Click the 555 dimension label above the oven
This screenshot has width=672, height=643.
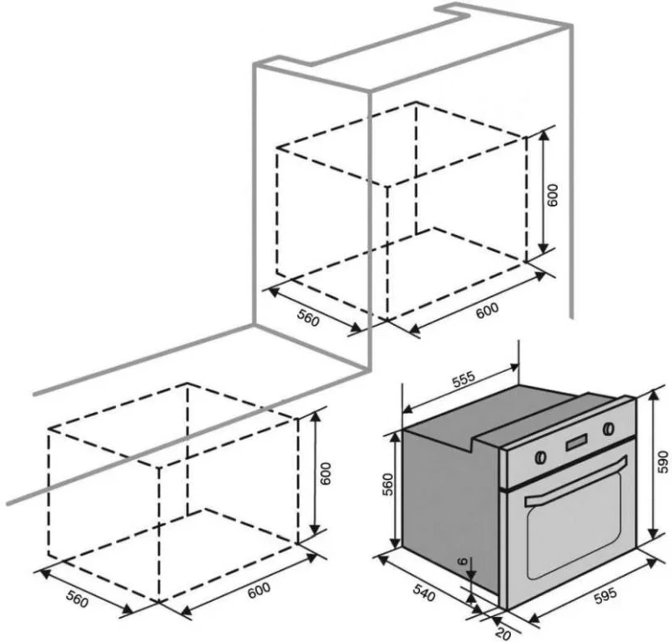(x=464, y=379)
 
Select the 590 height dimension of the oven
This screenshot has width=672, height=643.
(x=663, y=462)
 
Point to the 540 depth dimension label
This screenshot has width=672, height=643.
(x=424, y=593)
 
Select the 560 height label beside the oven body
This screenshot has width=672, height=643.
(x=387, y=484)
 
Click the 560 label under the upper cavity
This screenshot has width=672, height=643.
(x=308, y=318)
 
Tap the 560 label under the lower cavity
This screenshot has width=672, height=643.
(x=77, y=599)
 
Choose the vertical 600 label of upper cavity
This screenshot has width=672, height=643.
(x=553, y=195)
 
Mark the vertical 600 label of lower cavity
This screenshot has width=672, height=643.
(x=326, y=473)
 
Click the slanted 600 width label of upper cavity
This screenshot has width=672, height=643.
(x=487, y=310)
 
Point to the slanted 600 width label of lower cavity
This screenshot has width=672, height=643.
(x=260, y=590)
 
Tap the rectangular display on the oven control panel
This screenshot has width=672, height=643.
(x=577, y=442)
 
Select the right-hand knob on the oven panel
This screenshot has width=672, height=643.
(x=607, y=428)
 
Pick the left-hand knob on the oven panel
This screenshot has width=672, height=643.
(x=540, y=457)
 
